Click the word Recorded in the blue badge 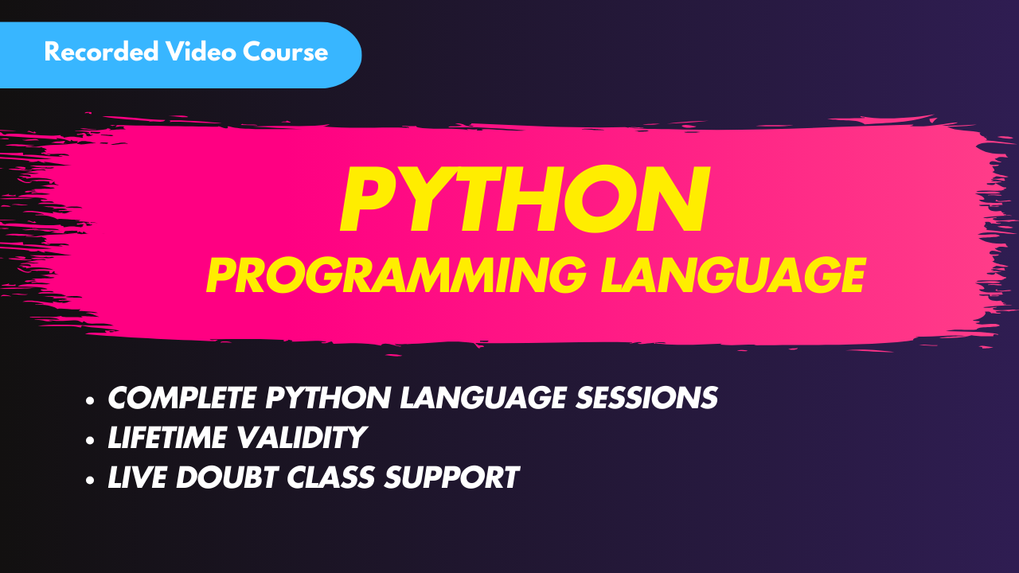pyautogui.click(x=101, y=52)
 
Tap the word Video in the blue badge pyautogui.click(x=201, y=52)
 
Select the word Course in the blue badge pyautogui.click(x=285, y=52)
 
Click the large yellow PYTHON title pyautogui.click(x=525, y=199)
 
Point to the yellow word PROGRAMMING pyautogui.click(x=396, y=275)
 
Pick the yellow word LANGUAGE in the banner pyautogui.click(x=733, y=275)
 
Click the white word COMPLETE pyautogui.click(x=182, y=397)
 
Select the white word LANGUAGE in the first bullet pyautogui.click(x=483, y=397)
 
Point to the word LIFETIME pyautogui.click(x=167, y=438)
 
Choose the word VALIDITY pyautogui.click(x=302, y=438)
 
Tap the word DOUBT pyautogui.click(x=227, y=477)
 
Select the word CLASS pyautogui.click(x=330, y=477)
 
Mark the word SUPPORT pyautogui.click(x=451, y=477)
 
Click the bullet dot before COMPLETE pyautogui.click(x=90, y=400)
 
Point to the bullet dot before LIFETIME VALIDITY pyautogui.click(x=90, y=440)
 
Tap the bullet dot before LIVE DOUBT pyautogui.click(x=90, y=480)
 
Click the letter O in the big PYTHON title pyautogui.click(x=599, y=199)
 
